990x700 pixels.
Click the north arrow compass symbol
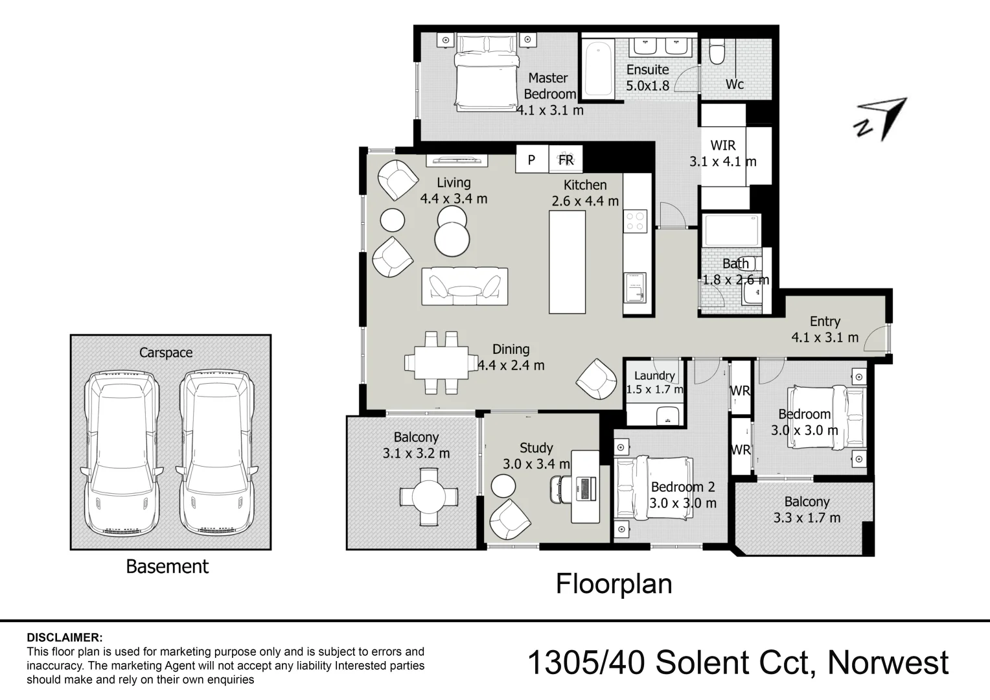coord(882,119)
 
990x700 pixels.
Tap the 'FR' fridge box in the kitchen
coord(566,159)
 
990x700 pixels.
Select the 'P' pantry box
coord(531,159)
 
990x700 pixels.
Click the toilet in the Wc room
coord(717,52)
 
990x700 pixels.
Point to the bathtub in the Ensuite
coord(598,67)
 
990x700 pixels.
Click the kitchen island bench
coord(567,262)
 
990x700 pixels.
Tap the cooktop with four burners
coord(635,221)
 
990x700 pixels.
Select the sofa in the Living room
coord(465,286)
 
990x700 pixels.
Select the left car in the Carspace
coord(121,452)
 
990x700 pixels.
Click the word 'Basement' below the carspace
coord(167,566)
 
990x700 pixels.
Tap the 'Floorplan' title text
coord(614,584)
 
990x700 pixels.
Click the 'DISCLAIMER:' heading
coord(64,638)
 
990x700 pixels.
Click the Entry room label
coord(825,329)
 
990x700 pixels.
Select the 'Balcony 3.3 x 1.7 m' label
coord(807,509)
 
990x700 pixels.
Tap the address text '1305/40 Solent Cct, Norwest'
coord(738,663)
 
